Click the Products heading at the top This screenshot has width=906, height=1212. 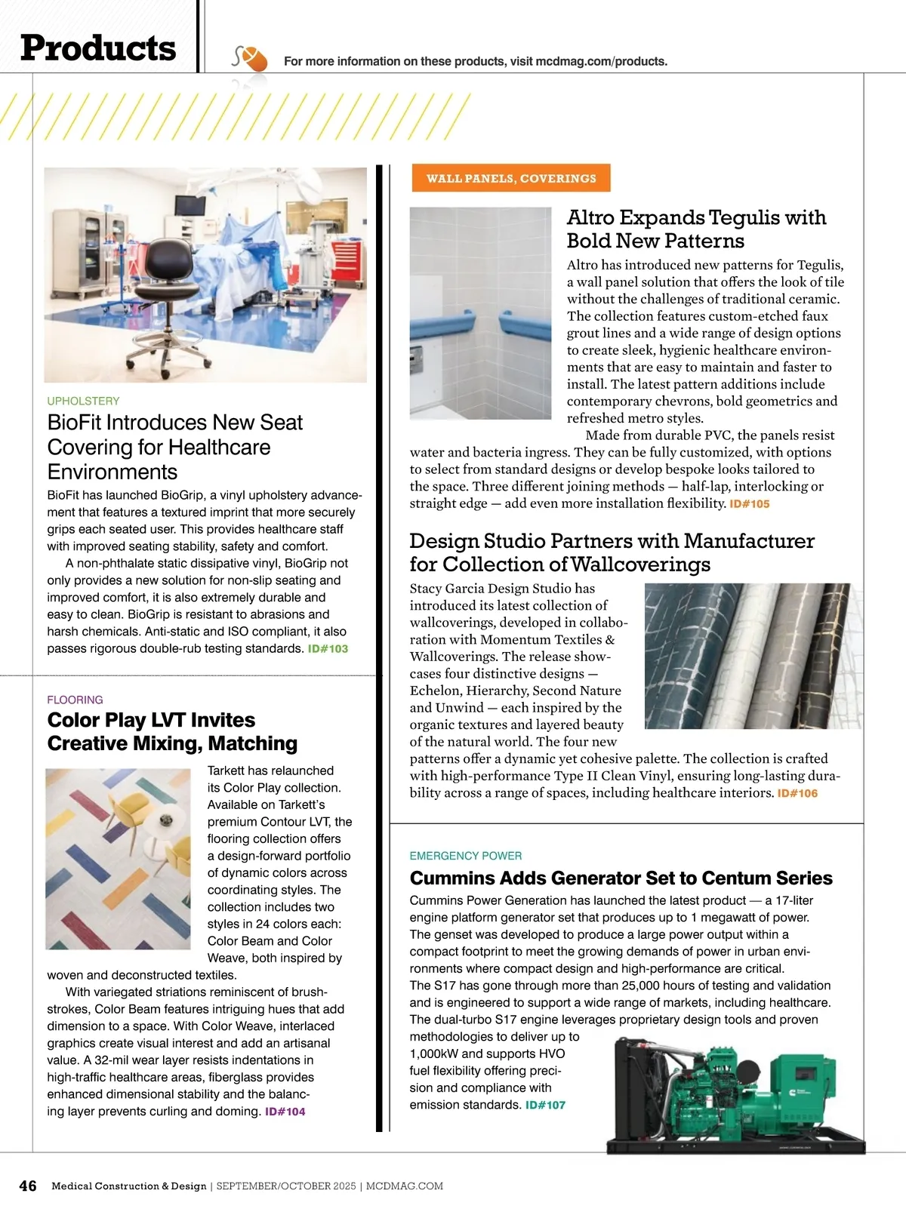(98, 48)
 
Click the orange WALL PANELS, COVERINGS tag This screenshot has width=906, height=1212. (511, 178)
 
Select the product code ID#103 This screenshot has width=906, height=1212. (328, 648)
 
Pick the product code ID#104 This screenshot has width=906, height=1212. (285, 1111)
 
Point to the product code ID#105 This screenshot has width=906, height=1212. (749, 503)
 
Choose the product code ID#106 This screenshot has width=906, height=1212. (797, 793)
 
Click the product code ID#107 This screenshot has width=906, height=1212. (545, 1105)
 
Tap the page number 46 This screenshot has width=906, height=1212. (27, 1186)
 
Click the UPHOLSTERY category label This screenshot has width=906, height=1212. (83, 401)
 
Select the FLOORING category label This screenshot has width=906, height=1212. (75, 700)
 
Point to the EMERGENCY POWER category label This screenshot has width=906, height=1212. (465, 856)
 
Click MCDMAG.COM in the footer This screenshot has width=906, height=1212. (405, 1186)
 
